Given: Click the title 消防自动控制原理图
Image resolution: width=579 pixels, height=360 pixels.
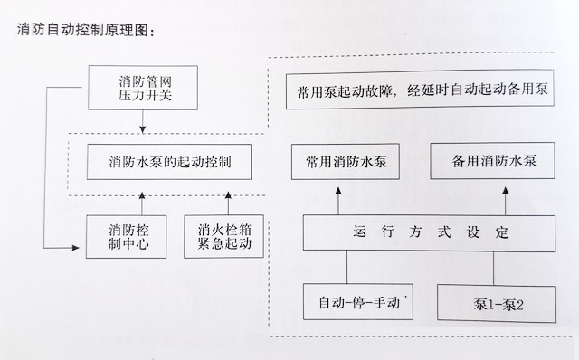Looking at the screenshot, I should tap(86, 30).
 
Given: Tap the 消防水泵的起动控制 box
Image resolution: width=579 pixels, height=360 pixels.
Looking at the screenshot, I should tap(167, 163).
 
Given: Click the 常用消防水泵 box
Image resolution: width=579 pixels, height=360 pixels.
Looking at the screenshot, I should tap(337, 163).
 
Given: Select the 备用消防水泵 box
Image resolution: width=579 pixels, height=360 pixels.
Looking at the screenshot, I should tap(494, 163).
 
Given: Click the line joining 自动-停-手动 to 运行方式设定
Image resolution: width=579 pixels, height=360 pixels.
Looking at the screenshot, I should tap(347, 267).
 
